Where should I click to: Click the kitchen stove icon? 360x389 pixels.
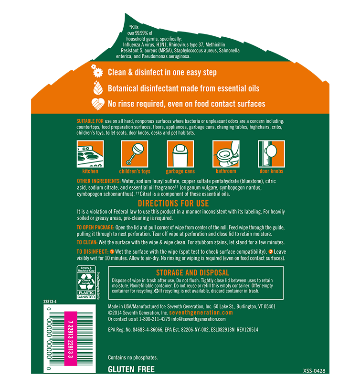(x=90, y=154)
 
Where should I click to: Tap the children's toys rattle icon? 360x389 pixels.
(x=135, y=154)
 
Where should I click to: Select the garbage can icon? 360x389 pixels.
(x=180, y=154)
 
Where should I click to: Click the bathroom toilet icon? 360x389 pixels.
(x=226, y=154)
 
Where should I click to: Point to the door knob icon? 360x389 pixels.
(x=271, y=154)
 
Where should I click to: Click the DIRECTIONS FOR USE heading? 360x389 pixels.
(x=173, y=204)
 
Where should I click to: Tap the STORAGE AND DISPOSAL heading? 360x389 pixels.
(x=192, y=273)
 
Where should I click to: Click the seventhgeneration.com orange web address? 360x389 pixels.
(x=201, y=313)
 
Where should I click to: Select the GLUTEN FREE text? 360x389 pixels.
(x=131, y=369)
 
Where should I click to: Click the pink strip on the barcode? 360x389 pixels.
(x=71, y=339)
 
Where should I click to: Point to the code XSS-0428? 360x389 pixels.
(x=314, y=371)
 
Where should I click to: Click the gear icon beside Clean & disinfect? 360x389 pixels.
(x=97, y=71)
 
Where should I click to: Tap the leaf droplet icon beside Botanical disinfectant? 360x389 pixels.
(x=98, y=87)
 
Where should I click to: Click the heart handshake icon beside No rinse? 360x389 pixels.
(x=98, y=104)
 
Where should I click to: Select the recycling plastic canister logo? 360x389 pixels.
(x=86, y=282)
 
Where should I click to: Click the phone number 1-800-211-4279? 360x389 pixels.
(x=155, y=319)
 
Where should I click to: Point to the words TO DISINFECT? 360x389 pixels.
(x=93, y=251)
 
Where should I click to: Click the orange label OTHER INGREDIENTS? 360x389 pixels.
(x=99, y=181)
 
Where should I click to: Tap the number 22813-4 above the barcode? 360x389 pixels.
(x=50, y=302)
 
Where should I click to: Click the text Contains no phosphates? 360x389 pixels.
(x=133, y=357)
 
